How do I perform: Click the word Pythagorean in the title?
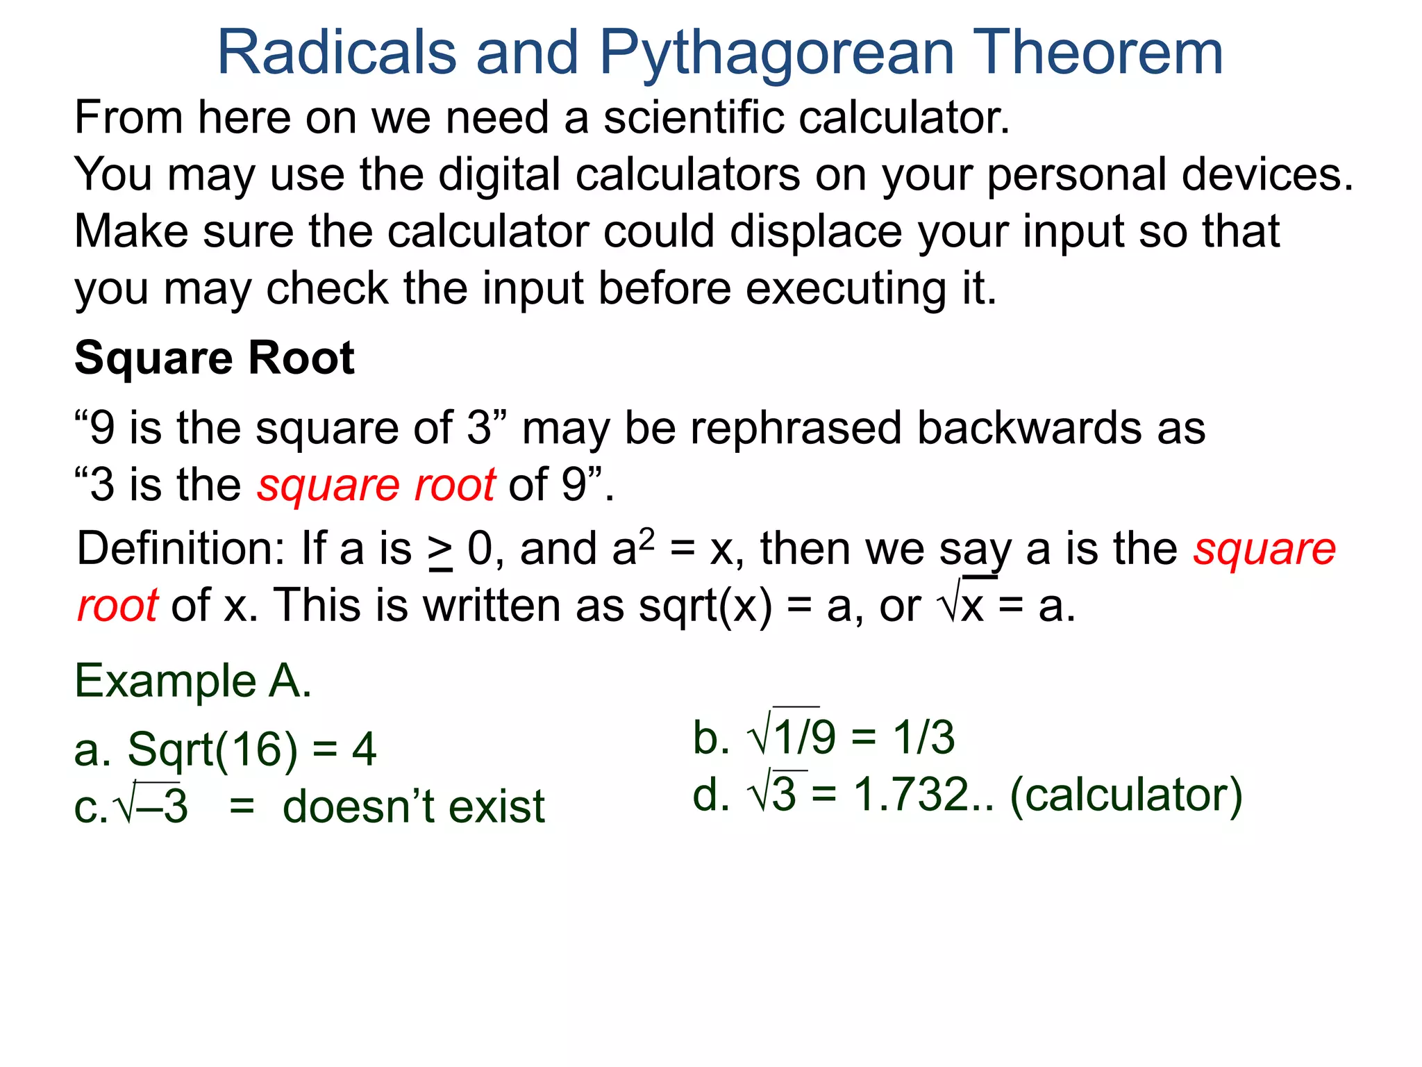pos(776,54)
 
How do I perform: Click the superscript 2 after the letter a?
pos(646,537)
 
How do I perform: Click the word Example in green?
pos(165,681)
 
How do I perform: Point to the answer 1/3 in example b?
pos(923,737)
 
